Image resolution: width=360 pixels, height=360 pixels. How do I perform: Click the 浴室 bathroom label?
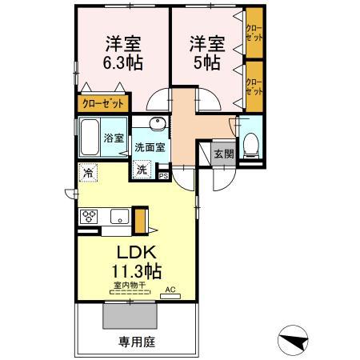(114, 138)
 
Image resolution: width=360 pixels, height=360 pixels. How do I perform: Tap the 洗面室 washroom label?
(150, 147)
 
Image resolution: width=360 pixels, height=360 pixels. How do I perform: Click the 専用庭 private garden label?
(136, 342)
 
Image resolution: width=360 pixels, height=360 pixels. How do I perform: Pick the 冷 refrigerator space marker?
(86, 170)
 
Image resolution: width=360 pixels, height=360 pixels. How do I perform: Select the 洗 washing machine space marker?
(142, 170)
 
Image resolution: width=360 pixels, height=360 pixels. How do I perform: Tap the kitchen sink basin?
(119, 216)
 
